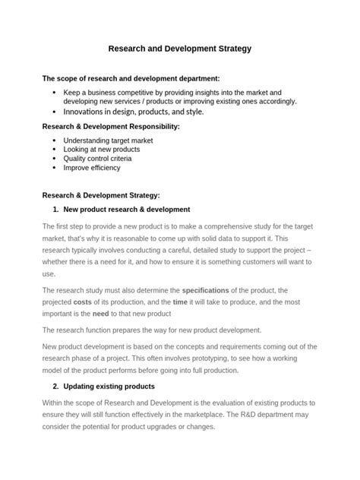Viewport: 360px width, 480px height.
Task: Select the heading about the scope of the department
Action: point(131,78)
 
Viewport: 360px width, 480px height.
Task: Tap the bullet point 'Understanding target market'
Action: point(109,141)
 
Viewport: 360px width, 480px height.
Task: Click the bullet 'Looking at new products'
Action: point(102,150)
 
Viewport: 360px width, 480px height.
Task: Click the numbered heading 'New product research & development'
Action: point(127,209)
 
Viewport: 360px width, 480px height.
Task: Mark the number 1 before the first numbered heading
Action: point(55,209)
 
